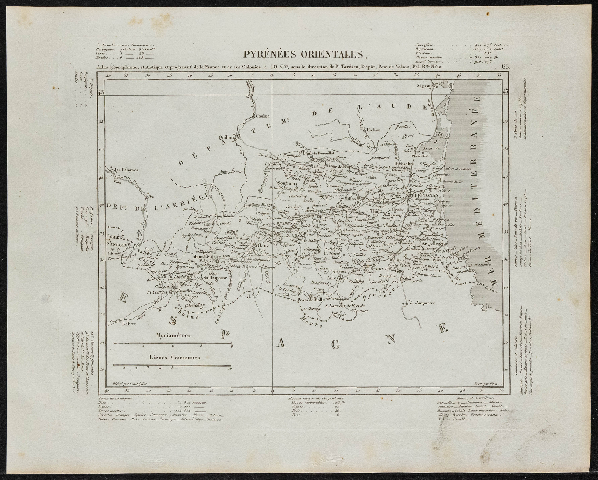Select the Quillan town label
point(226,137)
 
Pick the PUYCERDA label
point(158,291)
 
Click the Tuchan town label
point(370,131)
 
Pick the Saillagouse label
point(213,279)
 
